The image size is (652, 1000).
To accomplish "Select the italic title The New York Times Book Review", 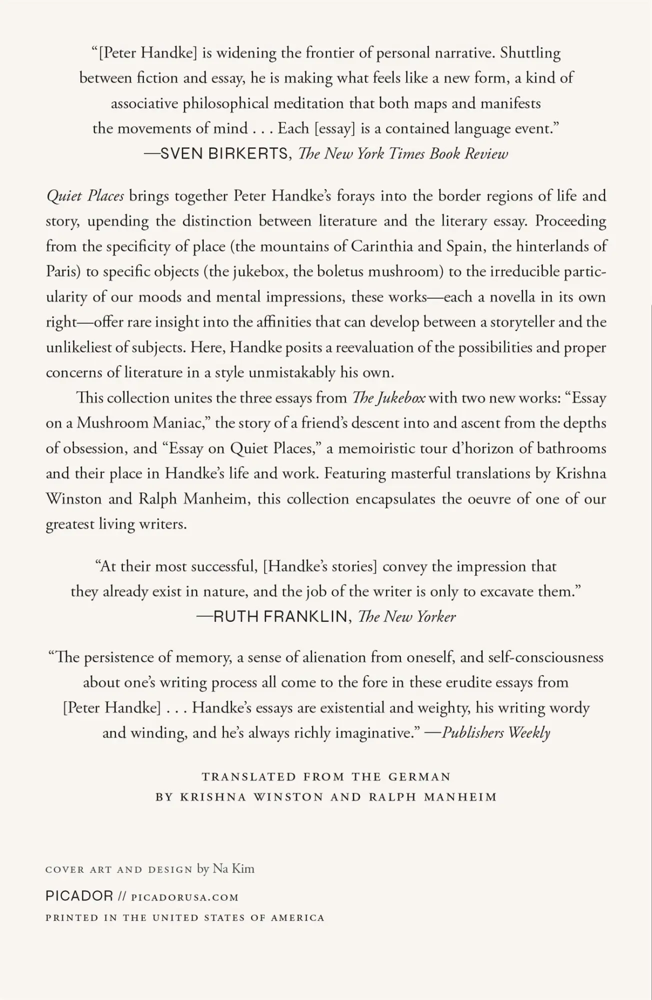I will click(x=403, y=154).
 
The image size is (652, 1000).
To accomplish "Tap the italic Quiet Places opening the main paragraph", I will click(x=85, y=195).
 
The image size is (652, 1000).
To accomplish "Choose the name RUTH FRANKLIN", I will click(x=280, y=617).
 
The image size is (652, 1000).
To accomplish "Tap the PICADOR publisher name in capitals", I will click(x=79, y=896).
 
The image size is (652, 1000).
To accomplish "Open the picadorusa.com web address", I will click(x=184, y=897).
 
